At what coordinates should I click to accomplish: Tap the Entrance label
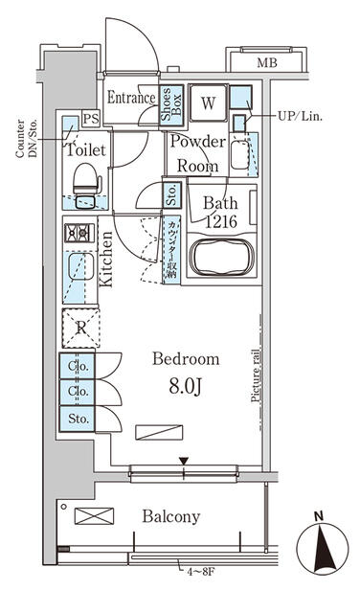tap(131, 98)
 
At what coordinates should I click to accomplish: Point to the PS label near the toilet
tap(90, 118)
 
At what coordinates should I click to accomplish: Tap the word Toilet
tap(85, 149)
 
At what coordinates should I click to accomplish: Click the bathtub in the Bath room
tap(218, 258)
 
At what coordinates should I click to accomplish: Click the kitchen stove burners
tap(77, 233)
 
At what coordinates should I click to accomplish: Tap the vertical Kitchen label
tap(106, 260)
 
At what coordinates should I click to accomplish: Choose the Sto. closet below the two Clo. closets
tap(79, 418)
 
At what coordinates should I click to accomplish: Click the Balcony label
tap(171, 516)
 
